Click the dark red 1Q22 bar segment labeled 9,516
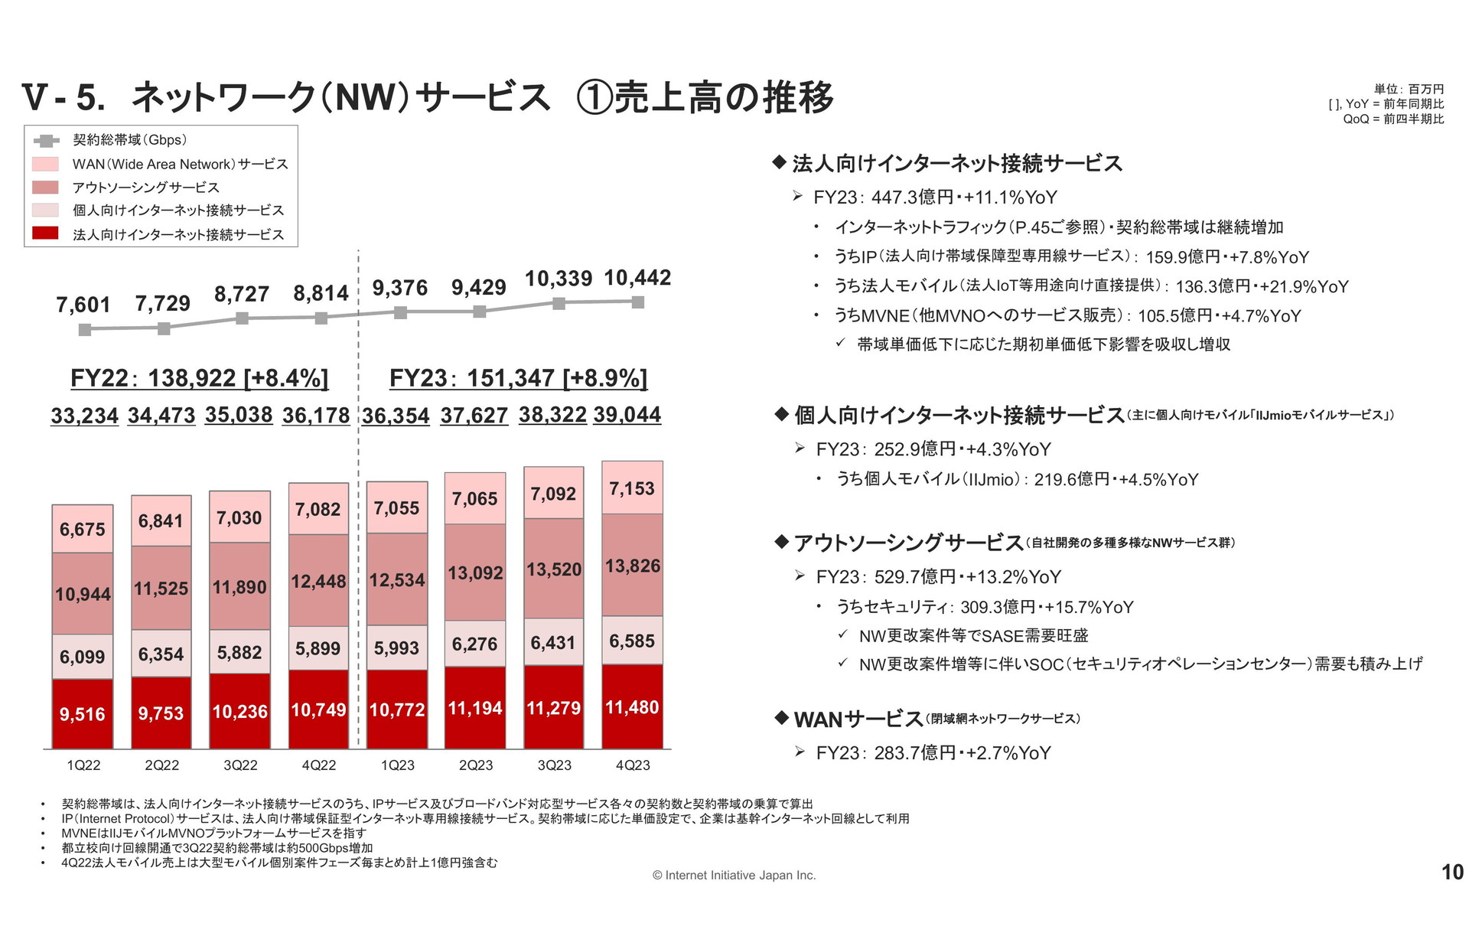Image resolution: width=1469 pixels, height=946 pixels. pyautogui.click(x=83, y=713)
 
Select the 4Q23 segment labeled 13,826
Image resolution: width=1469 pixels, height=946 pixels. pyautogui.click(x=632, y=565)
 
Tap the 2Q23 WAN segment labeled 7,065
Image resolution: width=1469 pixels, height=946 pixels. pyautogui.click(x=474, y=498)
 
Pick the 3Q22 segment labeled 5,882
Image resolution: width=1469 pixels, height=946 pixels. pyautogui.click(x=239, y=652)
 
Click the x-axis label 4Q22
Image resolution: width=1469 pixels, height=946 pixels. pyautogui.click(x=318, y=765)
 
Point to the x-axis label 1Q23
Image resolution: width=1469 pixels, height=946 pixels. pyautogui.click(x=397, y=765)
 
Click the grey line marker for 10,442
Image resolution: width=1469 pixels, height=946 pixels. pyautogui.click(x=637, y=302)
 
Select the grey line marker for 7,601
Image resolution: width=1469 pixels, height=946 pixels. pyautogui.click(x=85, y=329)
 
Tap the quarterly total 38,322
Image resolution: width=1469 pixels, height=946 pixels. pyautogui.click(x=552, y=414)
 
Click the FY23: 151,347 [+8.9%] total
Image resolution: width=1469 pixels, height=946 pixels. pyautogui.click(x=518, y=378)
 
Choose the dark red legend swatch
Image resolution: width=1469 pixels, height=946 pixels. pyautogui.click(x=46, y=233)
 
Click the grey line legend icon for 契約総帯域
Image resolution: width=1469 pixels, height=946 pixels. pyautogui.click(x=47, y=141)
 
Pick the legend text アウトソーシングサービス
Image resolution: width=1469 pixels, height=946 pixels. pyautogui.click(x=145, y=188)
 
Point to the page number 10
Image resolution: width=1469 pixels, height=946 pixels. pyautogui.click(x=1451, y=872)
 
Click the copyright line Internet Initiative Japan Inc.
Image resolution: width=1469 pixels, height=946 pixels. pyautogui.click(x=734, y=875)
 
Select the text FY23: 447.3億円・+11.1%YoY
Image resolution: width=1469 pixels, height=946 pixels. pyautogui.click(x=934, y=197)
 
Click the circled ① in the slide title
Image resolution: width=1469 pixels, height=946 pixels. pyautogui.click(x=594, y=97)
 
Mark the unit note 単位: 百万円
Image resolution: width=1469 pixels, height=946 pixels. pyautogui.click(x=1409, y=90)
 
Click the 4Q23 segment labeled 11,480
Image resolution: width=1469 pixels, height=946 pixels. pyautogui.click(x=632, y=706)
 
